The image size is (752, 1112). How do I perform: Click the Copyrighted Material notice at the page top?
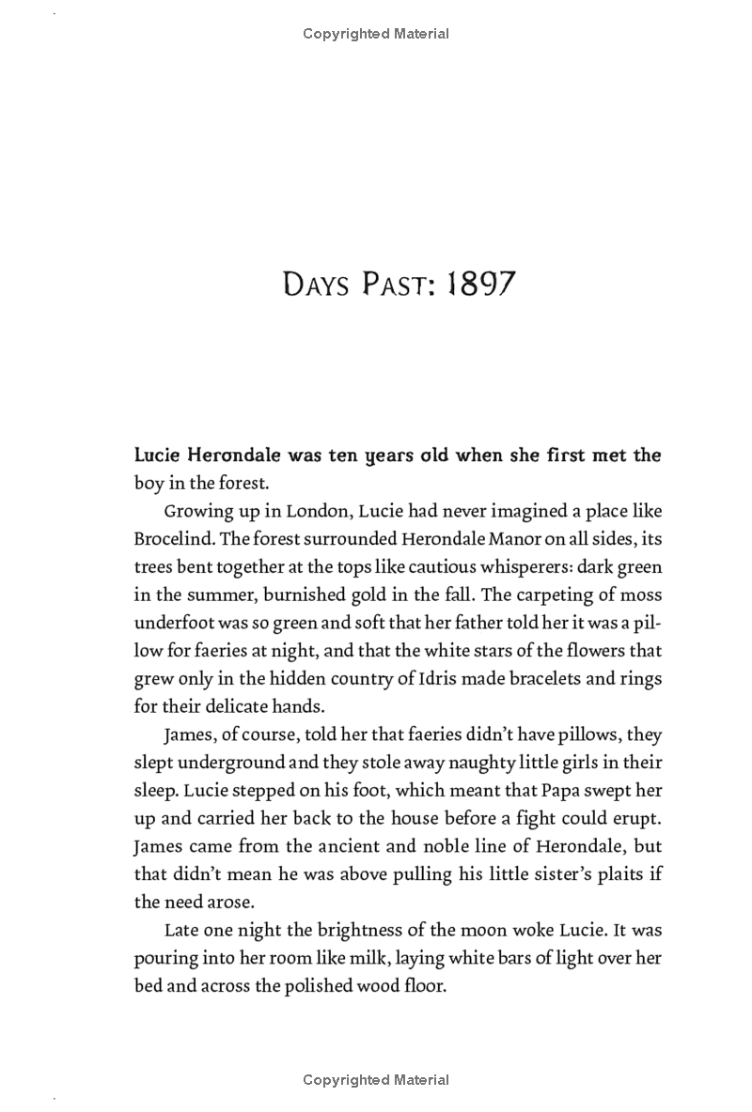(x=376, y=34)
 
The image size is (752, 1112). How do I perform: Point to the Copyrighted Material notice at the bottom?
(x=376, y=1080)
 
